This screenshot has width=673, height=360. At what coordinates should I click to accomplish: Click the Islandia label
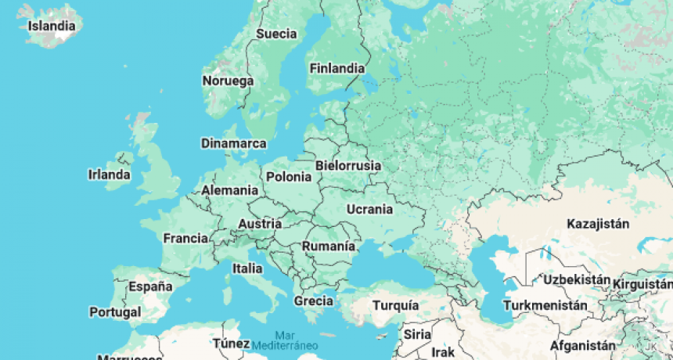pyautogui.click(x=52, y=26)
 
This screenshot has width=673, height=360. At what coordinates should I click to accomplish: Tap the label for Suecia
pyautogui.click(x=276, y=34)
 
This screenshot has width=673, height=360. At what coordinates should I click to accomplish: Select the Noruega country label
pyautogui.click(x=228, y=81)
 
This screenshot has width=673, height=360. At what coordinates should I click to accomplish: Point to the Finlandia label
pyautogui.click(x=336, y=68)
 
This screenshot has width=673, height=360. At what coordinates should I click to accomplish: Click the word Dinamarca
pyautogui.click(x=233, y=143)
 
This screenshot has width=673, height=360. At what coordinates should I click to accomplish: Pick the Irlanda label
pyautogui.click(x=109, y=175)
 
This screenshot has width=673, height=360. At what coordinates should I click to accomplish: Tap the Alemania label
pyautogui.click(x=229, y=190)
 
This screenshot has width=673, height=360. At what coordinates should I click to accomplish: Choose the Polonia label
pyautogui.click(x=288, y=177)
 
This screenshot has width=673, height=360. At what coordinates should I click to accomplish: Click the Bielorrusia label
pyautogui.click(x=347, y=166)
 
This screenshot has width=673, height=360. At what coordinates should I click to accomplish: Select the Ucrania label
pyautogui.click(x=369, y=209)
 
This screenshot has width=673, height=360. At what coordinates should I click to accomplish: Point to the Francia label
pyautogui.click(x=185, y=238)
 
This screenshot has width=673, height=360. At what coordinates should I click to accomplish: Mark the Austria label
pyautogui.click(x=259, y=224)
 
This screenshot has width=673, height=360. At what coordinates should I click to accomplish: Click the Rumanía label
pyautogui.click(x=329, y=246)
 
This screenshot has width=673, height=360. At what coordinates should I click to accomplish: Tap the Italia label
pyautogui.click(x=247, y=268)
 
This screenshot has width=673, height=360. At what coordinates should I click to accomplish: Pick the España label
pyautogui.click(x=150, y=286)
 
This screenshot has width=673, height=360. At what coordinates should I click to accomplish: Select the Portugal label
pyautogui.click(x=115, y=311)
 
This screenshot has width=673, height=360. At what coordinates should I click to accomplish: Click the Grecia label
pyautogui.click(x=313, y=301)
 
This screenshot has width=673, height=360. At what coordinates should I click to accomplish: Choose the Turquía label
pyautogui.click(x=395, y=305)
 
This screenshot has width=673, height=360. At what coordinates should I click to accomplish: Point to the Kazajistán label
pyautogui.click(x=599, y=225)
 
